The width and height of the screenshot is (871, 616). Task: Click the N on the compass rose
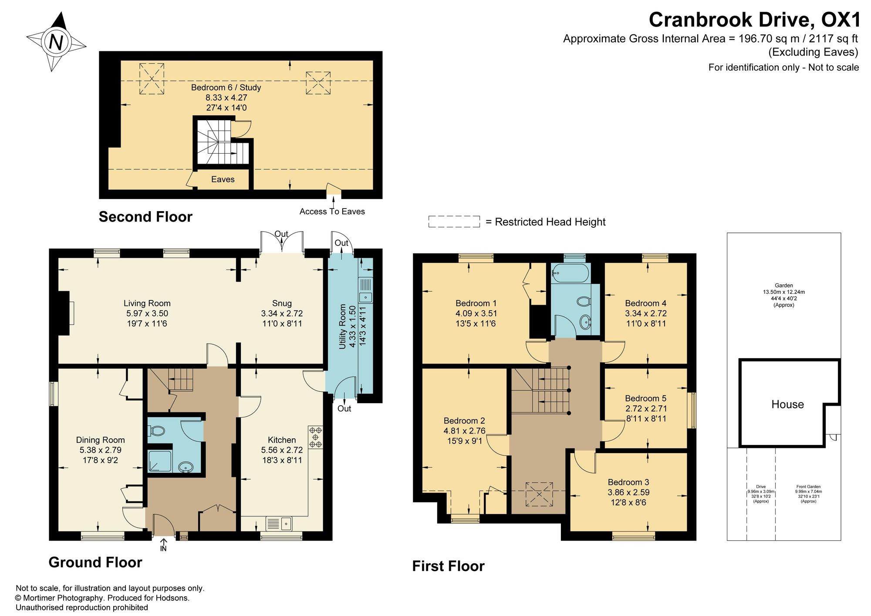click(x=56, y=42)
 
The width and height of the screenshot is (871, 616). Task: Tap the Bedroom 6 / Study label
click(x=226, y=88)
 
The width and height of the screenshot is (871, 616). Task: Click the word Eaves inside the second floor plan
click(x=223, y=179)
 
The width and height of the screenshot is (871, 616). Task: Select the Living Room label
click(x=147, y=303)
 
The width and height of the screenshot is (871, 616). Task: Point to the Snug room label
click(x=282, y=303)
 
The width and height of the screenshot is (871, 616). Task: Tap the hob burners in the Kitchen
click(x=315, y=437)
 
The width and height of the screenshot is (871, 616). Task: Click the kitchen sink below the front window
click(x=279, y=523)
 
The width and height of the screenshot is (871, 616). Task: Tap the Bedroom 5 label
click(x=645, y=398)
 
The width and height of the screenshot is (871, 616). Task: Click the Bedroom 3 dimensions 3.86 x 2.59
click(x=628, y=492)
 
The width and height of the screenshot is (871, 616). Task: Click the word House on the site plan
click(x=787, y=404)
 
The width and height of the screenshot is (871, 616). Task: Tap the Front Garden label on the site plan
click(x=808, y=487)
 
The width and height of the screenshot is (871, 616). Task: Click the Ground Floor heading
click(x=95, y=562)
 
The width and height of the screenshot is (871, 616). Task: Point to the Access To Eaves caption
click(x=332, y=212)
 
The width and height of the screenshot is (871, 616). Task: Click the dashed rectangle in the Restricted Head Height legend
click(x=454, y=222)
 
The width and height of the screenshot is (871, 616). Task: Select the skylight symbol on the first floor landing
click(x=539, y=495)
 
